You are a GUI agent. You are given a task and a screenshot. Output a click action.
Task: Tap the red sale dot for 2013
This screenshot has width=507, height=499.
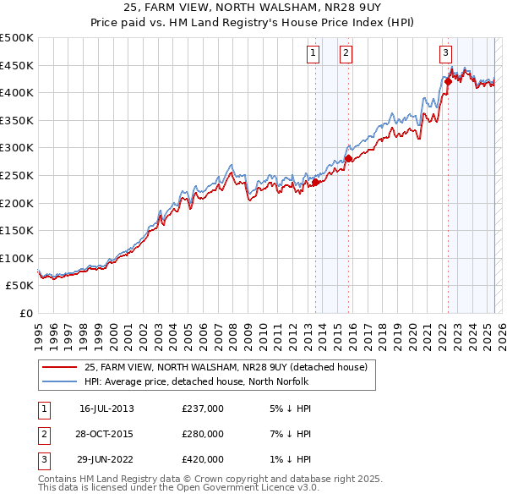(315, 182)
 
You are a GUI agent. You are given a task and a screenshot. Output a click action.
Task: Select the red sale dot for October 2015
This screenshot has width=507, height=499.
(348, 158)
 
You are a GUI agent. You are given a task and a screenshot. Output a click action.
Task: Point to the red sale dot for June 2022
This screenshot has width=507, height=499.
(448, 81)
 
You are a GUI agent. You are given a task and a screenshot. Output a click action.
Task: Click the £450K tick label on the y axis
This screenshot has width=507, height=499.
(17, 65)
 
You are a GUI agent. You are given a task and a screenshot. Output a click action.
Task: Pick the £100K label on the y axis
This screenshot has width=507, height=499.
(17, 258)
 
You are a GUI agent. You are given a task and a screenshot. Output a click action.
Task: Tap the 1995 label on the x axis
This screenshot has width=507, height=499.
(38, 331)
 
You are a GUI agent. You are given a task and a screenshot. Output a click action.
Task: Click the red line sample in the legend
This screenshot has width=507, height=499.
(59, 368)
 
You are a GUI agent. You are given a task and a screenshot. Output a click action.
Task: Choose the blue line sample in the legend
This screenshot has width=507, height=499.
(59, 381)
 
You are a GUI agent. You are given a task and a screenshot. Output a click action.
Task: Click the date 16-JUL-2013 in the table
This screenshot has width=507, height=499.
(106, 408)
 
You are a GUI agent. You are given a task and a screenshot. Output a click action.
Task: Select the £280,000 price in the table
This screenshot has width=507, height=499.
(203, 434)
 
